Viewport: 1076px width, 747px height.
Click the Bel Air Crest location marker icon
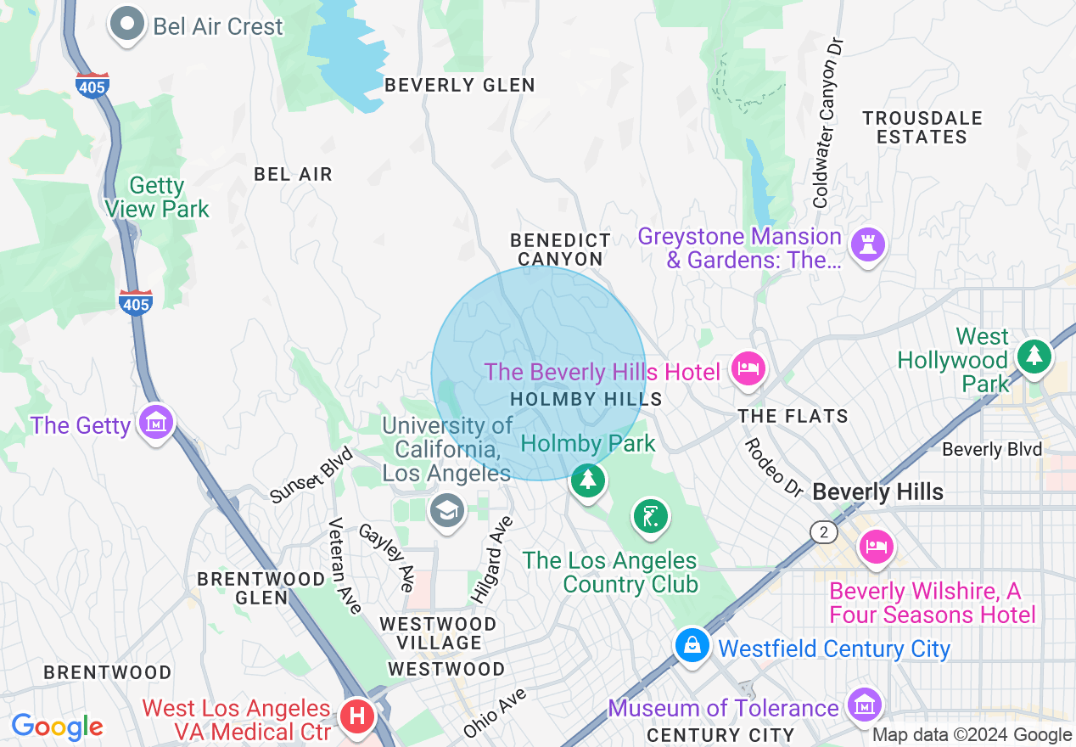coord(128,25)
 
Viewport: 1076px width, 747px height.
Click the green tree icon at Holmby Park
coord(587,480)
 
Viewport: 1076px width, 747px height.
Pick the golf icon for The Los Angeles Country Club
coord(650,516)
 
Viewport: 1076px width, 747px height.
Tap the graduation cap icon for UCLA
coord(446,511)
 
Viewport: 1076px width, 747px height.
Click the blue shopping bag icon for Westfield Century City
coord(692,647)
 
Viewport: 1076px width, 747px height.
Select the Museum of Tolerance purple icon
coord(863,705)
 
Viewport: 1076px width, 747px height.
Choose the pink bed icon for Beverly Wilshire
coord(876,545)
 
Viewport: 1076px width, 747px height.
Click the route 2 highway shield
coord(823,532)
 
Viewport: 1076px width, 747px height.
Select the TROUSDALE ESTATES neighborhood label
coord(922,127)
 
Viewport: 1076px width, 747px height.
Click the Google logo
coord(57,727)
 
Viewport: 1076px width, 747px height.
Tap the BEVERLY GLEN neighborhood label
coord(460,85)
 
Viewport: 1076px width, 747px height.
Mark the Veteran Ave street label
coord(345,564)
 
